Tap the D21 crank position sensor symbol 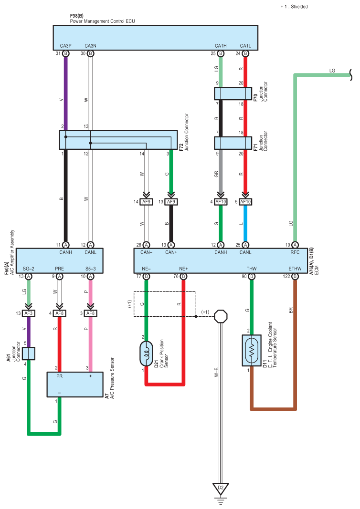click(x=146, y=353)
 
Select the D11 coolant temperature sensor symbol click(x=252, y=351)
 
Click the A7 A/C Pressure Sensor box click(x=75, y=384)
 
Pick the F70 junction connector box click(x=233, y=93)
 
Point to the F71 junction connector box click(x=233, y=143)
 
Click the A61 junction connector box click(x=29, y=353)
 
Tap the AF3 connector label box click(x=29, y=313)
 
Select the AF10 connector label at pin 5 click(x=245, y=202)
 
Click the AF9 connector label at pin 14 click(x=146, y=202)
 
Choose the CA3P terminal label click(x=65, y=46)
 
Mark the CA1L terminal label click(x=245, y=46)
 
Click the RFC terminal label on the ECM click(x=295, y=252)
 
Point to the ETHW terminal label click(x=295, y=269)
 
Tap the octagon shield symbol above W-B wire click(x=221, y=316)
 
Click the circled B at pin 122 click(x=295, y=277)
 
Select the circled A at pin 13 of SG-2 click(x=29, y=277)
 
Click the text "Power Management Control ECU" click(x=102, y=21)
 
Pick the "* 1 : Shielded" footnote click(x=294, y=7)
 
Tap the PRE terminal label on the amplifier click(x=60, y=269)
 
